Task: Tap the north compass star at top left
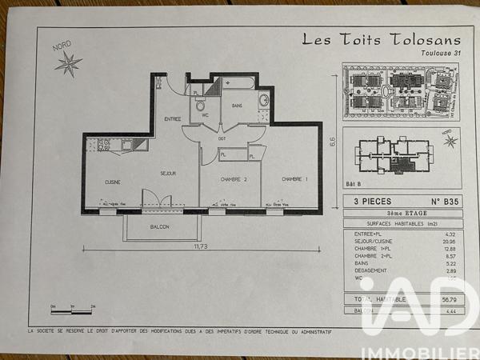coord(69,62)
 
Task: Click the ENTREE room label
coord(173,119)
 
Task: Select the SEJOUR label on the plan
coord(168,173)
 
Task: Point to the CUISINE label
coord(113,182)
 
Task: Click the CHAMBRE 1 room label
coord(294,179)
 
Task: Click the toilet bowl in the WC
coord(201,105)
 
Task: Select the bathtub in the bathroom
coord(237,82)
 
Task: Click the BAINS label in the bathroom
coord(237,105)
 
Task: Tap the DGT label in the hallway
coord(222,139)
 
